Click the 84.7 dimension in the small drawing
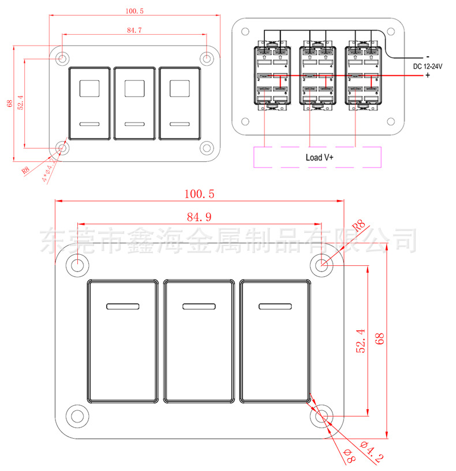133,29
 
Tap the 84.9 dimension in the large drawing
199,217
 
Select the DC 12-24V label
428,67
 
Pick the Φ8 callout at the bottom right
349,457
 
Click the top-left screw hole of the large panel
77,265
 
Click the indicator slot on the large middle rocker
199,306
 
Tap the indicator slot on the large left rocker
122,306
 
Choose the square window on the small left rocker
89,88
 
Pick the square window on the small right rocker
179,88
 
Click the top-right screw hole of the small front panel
206,58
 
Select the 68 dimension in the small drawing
10,103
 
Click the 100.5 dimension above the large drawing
199,195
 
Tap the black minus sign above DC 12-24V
427,57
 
